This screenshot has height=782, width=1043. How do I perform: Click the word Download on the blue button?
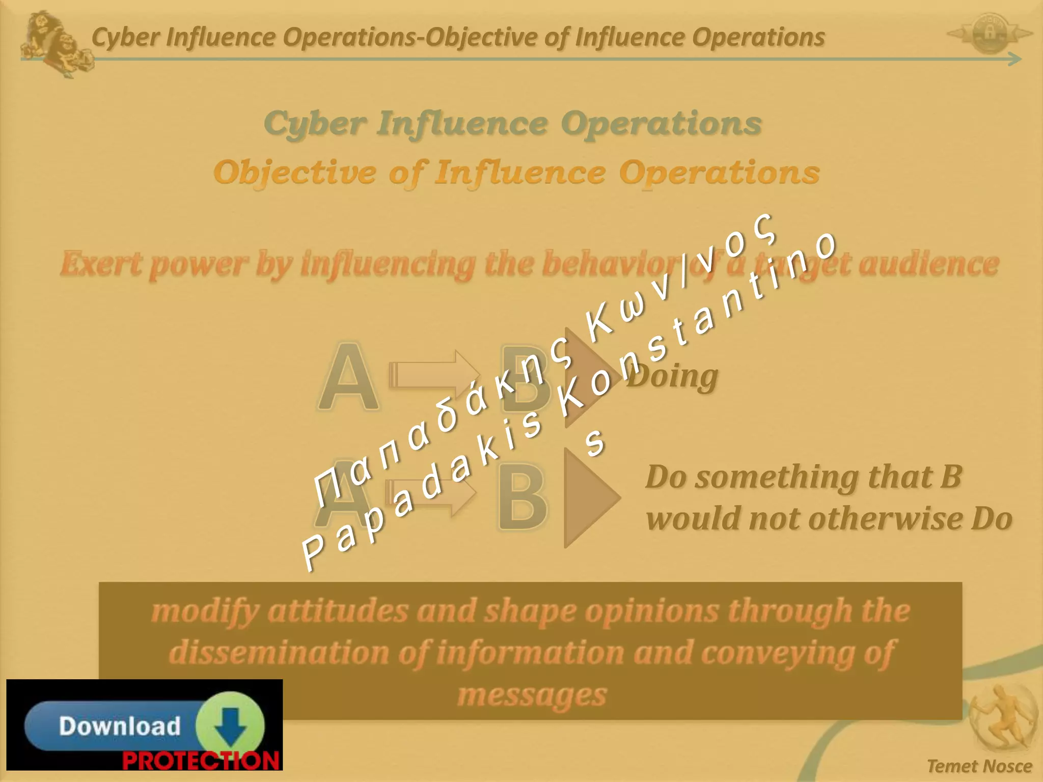[120, 725]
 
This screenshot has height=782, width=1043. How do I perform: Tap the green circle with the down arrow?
[230, 724]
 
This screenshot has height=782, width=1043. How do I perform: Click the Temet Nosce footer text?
[979, 766]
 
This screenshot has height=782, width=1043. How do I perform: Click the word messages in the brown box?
[532, 695]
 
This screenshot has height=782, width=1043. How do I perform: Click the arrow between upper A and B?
[433, 375]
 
